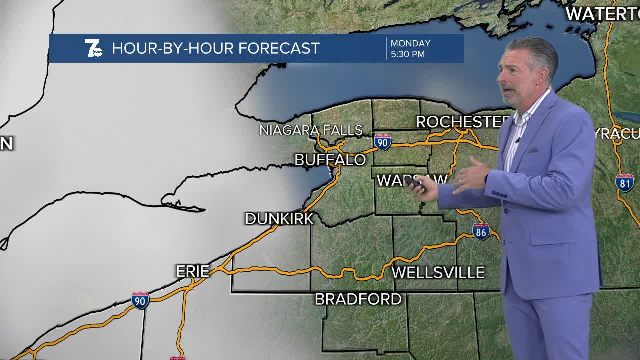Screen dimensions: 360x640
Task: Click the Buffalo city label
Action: (x=330, y=160)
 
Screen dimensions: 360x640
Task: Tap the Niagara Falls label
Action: (x=311, y=130)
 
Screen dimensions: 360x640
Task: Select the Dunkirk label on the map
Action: (x=279, y=219)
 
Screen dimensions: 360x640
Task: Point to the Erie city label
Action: (x=193, y=271)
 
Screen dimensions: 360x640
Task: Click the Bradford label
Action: (x=358, y=299)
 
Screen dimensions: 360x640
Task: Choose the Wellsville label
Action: (x=438, y=272)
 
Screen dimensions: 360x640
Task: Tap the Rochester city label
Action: (x=462, y=122)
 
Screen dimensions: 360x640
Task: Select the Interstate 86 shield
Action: (x=481, y=231)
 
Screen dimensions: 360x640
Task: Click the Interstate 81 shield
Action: (x=625, y=183)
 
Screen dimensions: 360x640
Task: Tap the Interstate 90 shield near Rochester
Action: (x=382, y=142)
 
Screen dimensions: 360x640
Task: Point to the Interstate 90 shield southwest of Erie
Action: (x=140, y=301)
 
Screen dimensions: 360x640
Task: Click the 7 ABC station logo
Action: (x=93, y=48)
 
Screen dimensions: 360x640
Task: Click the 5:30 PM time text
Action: (x=408, y=54)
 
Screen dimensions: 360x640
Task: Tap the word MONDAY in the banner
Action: (x=410, y=43)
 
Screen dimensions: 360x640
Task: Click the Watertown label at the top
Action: (x=602, y=14)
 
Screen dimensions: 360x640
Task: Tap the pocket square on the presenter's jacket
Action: (x=534, y=149)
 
